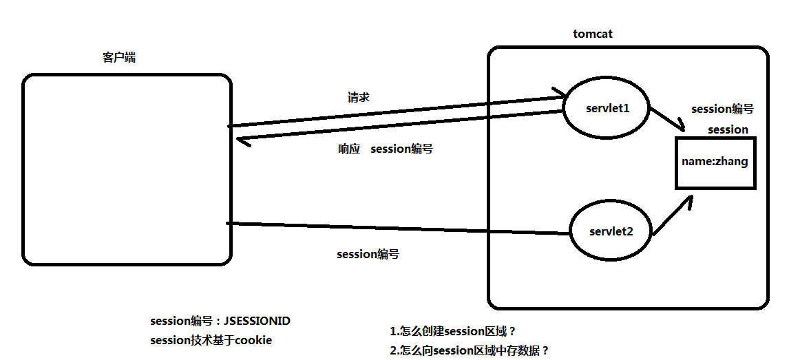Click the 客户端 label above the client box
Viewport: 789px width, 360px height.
[x=119, y=58]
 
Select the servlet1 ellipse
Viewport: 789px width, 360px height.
[x=607, y=109]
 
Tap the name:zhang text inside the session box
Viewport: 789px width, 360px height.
[x=715, y=162]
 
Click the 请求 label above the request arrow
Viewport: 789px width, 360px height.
[x=359, y=97]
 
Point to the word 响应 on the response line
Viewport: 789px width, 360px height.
[x=349, y=149]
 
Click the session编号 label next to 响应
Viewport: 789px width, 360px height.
[x=401, y=149]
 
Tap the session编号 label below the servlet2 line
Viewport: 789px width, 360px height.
[x=368, y=254]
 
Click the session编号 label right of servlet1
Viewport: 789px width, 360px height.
[x=722, y=109]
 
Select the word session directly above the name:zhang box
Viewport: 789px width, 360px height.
[x=728, y=129]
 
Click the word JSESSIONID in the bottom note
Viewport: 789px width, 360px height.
[x=262, y=321]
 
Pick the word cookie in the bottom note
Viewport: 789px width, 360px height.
[x=253, y=340]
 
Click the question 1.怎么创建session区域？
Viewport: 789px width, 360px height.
[x=453, y=332]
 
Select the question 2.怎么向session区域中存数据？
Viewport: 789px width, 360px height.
[x=470, y=351]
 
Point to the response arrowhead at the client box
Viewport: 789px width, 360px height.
[x=240, y=140]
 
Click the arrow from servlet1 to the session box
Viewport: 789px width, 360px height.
[x=666, y=119]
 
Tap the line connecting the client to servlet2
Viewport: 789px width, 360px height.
[x=399, y=228]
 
